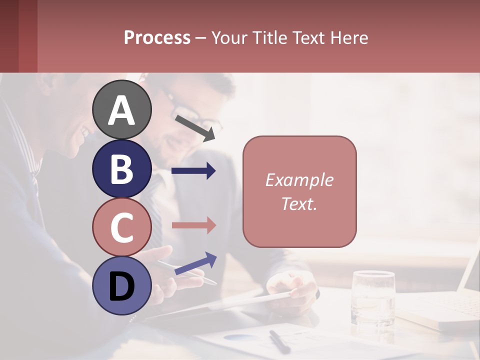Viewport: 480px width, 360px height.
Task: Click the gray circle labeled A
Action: point(122,109)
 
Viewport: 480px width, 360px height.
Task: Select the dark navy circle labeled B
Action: point(122,168)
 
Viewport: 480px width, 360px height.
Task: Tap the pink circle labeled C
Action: point(122,227)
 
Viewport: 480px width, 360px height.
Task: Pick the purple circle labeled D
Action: point(122,285)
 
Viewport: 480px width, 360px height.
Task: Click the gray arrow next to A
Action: point(199,127)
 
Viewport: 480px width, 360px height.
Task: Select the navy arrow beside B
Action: point(193,171)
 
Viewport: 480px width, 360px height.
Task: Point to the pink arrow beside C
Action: point(193,225)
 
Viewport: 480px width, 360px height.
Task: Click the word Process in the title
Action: point(157,37)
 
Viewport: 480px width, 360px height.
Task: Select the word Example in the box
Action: point(299,180)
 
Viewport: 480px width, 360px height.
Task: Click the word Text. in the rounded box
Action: point(299,203)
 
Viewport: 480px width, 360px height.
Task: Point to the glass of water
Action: point(373,297)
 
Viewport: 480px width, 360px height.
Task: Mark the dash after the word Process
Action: point(200,37)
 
